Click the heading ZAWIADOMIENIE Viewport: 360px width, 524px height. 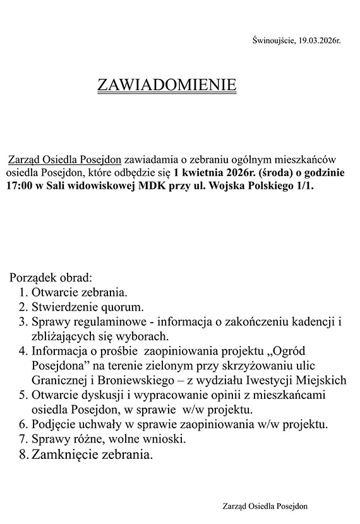pos(167,85)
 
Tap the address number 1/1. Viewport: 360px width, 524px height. pos(303,188)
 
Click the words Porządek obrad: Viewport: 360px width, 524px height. pos(51,277)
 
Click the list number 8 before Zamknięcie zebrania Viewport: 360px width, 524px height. pos(23,455)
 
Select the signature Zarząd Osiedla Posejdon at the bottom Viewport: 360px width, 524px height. pos(266,506)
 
